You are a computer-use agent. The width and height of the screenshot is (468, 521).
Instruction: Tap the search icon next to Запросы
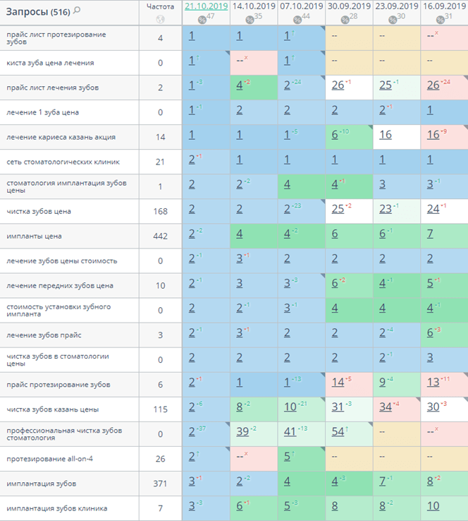click(77, 11)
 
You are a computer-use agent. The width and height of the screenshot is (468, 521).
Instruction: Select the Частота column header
click(160, 6)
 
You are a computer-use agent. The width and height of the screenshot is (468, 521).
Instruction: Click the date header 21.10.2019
click(205, 6)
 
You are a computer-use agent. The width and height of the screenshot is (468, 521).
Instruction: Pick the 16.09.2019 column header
click(444, 6)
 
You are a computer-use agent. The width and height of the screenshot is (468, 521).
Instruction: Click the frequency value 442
click(160, 236)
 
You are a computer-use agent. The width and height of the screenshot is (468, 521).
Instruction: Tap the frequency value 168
click(160, 212)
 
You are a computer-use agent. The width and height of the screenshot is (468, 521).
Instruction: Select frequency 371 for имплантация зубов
click(160, 484)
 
